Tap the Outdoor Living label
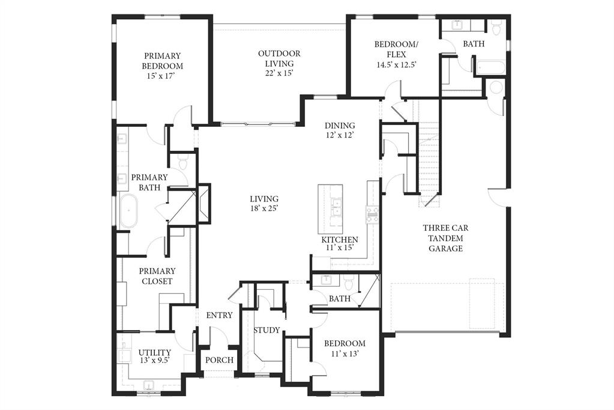tap(279, 58)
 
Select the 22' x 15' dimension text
tap(279, 73)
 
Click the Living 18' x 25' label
tap(264, 204)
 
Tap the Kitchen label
tap(340, 240)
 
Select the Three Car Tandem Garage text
tap(445, 237)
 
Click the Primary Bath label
tap(149, 182)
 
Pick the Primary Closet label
tap(157, 276)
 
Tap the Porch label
tap(219, 360)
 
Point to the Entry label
tap(219, 316)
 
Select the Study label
tap(266, 330)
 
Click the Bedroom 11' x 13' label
tap(345, 349)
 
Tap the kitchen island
tap(330, 209)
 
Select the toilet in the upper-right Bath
tap(496, 28)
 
